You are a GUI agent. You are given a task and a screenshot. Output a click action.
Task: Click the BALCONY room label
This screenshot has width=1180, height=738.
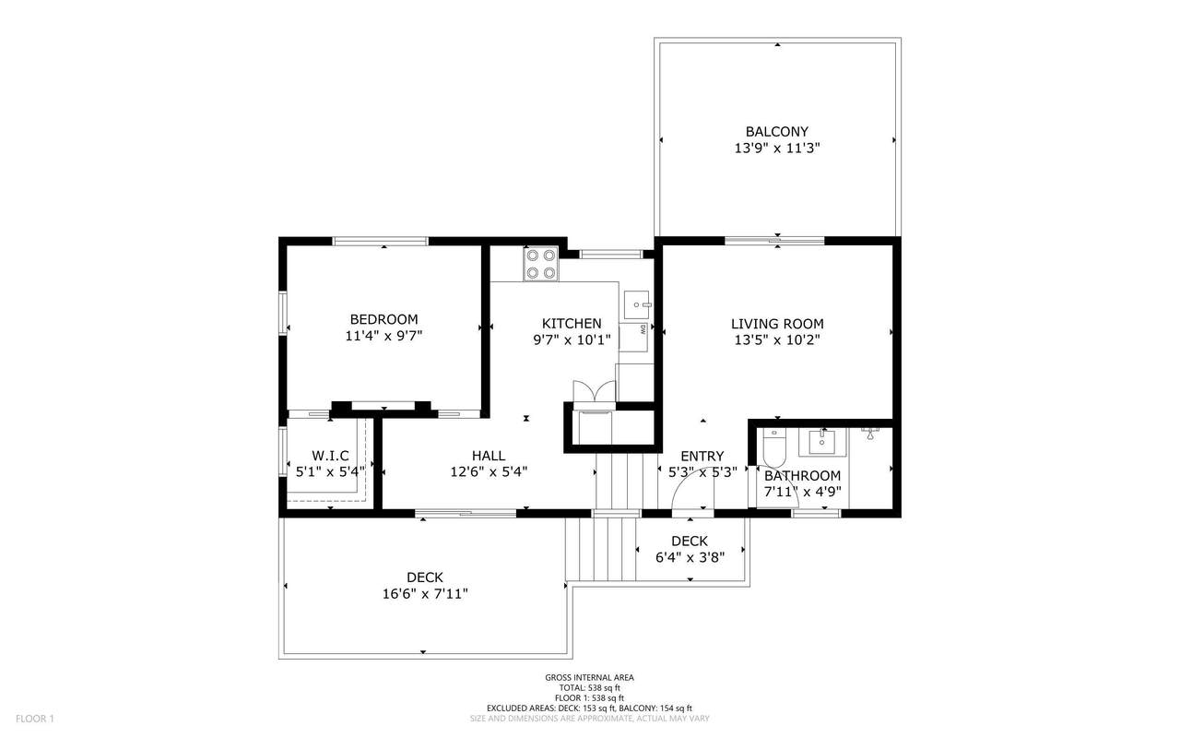coord(777,131)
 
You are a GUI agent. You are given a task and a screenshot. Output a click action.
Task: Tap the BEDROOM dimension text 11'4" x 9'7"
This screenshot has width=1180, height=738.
coord(383,336)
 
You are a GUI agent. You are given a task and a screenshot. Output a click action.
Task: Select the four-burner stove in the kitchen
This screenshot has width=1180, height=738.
coord(541,264)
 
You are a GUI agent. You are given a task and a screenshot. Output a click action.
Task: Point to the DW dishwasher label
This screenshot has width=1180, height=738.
coord(643,330)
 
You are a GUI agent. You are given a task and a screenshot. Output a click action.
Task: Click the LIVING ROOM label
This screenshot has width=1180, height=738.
coord(777,324)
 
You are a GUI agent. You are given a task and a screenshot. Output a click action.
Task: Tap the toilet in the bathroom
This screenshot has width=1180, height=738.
coord(774,447)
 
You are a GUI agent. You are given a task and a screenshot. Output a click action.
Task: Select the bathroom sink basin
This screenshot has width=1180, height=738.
coord(821,442)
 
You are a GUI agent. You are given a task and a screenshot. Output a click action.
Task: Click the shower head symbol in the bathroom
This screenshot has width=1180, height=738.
coord(870,434)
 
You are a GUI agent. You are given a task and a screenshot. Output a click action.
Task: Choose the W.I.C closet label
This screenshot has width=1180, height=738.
coord(330,456)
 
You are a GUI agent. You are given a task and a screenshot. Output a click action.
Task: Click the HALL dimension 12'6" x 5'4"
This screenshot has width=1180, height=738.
coord(489,471)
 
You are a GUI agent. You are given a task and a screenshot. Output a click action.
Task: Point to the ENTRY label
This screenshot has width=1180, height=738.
coord(702,456)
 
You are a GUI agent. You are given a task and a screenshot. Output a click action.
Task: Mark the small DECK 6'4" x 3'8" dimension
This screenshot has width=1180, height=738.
coord(690,557)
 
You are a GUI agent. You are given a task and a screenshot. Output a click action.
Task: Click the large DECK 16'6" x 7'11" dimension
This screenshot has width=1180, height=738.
coord(425,594)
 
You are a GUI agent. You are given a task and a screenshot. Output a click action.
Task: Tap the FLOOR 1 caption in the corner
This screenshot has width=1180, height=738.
coord(35,719)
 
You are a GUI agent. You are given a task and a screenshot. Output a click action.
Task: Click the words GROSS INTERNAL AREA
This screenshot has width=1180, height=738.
coord(589,678)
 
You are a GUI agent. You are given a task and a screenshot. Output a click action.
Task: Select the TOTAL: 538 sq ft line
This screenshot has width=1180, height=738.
coord(589,688)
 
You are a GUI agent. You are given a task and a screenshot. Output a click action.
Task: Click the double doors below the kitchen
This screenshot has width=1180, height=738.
coord(595,392)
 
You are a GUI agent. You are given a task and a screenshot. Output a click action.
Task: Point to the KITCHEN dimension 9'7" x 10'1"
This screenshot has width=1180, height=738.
coord(572,340)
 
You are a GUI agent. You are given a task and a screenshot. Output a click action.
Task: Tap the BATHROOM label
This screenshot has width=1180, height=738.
coord(802,476)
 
